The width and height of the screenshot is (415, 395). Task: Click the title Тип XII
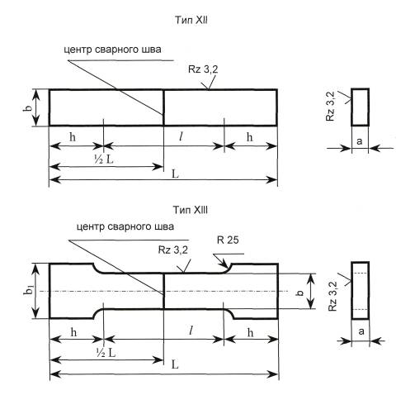(191, 20)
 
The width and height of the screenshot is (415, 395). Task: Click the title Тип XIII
(191, 210)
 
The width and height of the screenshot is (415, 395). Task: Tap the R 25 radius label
(228, 240)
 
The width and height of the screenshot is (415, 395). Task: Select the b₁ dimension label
(29, 290)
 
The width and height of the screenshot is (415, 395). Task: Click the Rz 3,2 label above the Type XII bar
(203, 69)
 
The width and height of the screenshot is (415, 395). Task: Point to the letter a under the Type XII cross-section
(360, 141)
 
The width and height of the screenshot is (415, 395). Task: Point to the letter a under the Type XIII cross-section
(361, 331)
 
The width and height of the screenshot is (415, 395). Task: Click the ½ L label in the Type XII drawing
(103, 159)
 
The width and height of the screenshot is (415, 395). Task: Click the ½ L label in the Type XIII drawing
(106, 352)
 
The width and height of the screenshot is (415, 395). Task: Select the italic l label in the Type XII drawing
(181, 136)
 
